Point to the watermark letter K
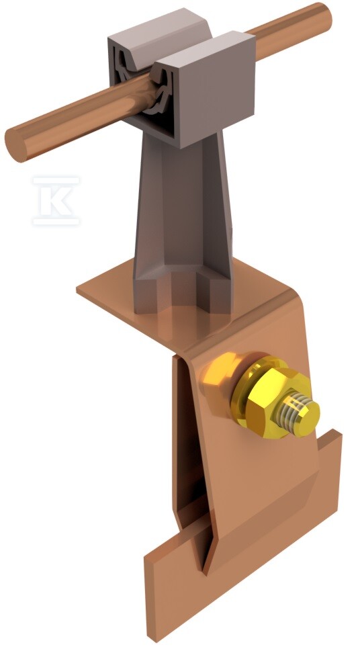(56, 201)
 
